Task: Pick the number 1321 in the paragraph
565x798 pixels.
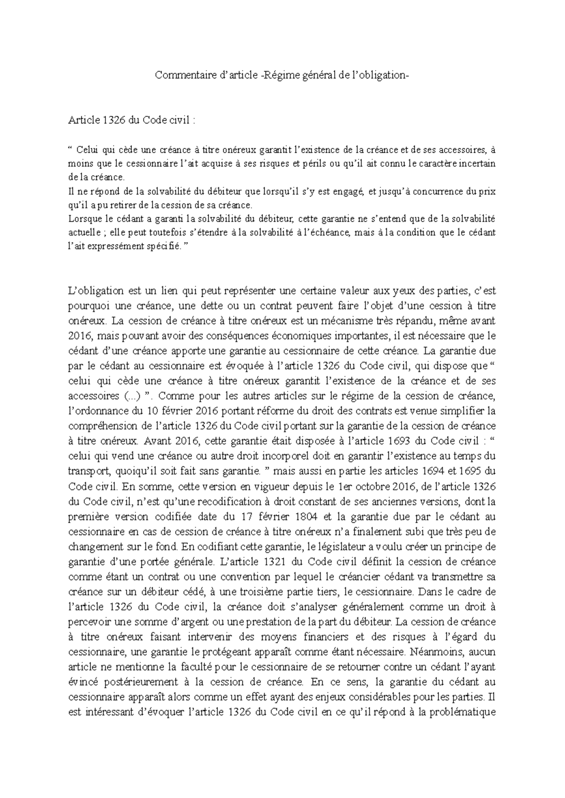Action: tap(280, 562)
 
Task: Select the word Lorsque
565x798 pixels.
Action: tap(81, 219)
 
